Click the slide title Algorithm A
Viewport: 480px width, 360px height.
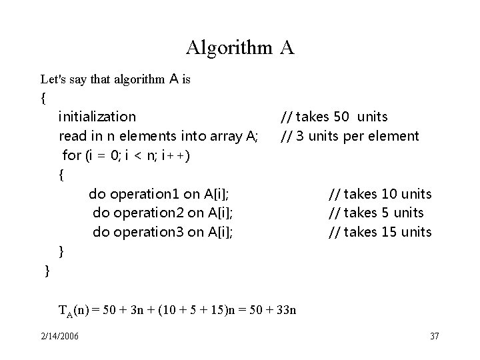(x=240, y=48)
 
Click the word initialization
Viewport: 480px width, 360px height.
(x=97, y=117)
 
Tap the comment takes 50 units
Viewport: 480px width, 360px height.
(x=334, y=117)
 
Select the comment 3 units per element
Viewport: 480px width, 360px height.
(x=349, y=137)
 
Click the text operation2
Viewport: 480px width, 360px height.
(x=147, y=213)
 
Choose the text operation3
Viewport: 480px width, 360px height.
(x=147, y=233)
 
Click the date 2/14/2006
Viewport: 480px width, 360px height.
(x=59, y=335)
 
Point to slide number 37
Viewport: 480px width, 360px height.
(x=435, y=335)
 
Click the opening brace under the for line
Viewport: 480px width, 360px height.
(x=61, y=175)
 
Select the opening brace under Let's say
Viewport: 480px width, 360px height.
(x=43, y=98)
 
